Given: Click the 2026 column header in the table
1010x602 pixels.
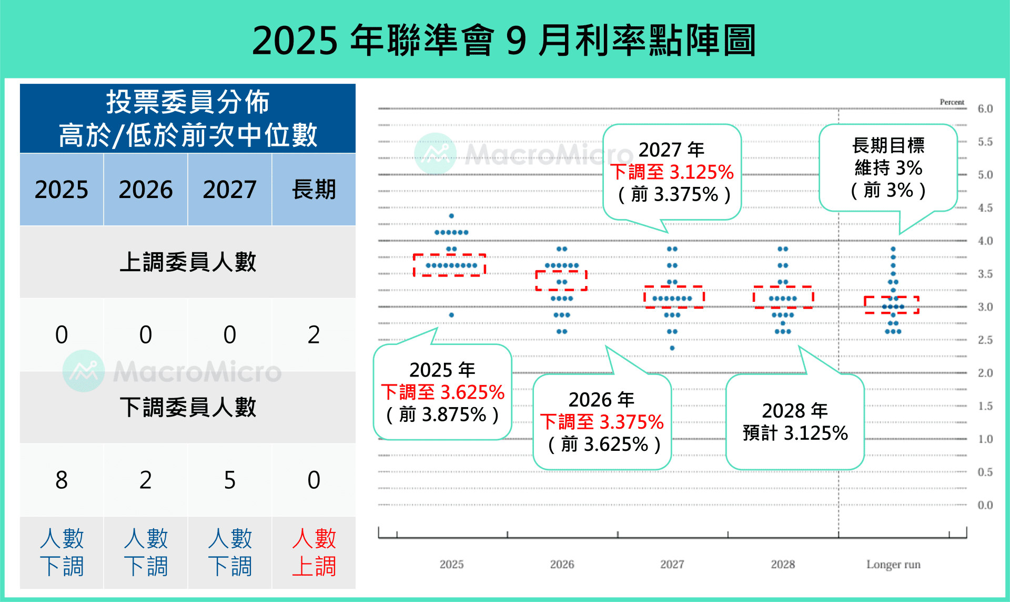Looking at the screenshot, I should pos(146,190).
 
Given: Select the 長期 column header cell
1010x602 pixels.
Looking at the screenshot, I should pos(314,190).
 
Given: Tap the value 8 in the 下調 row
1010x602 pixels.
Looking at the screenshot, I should pos(62,480).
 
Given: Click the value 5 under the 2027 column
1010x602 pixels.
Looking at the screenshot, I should pos(229,480).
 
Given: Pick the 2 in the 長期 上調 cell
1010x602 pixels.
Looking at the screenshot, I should pos(314,334).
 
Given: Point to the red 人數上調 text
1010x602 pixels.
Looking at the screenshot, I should pos(314,552).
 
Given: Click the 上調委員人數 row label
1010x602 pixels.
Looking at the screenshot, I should pos(188,262).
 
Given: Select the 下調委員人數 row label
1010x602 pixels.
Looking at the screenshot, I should pos(188,407).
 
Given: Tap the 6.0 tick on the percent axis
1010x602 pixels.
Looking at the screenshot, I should pos(985,109).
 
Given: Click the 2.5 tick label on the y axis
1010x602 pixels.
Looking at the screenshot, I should pos(985,340).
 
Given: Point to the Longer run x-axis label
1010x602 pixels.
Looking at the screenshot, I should pos(893,565).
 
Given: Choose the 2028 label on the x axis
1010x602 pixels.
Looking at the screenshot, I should pos(783,565).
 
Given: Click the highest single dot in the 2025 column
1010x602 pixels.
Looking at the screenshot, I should pos(451,216).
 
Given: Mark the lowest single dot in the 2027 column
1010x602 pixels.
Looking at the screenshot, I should pos(672,348).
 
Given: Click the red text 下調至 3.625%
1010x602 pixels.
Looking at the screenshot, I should pos(442,392).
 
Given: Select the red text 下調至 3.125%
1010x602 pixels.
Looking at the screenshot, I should pos(672,172).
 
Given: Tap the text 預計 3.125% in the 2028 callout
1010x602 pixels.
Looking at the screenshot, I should pos(795,433).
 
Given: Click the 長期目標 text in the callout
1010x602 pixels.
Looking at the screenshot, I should pos(888,145).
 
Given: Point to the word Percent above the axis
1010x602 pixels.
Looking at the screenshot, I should pos(952,102).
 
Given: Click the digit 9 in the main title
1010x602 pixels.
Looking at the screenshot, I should pos(516,41).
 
